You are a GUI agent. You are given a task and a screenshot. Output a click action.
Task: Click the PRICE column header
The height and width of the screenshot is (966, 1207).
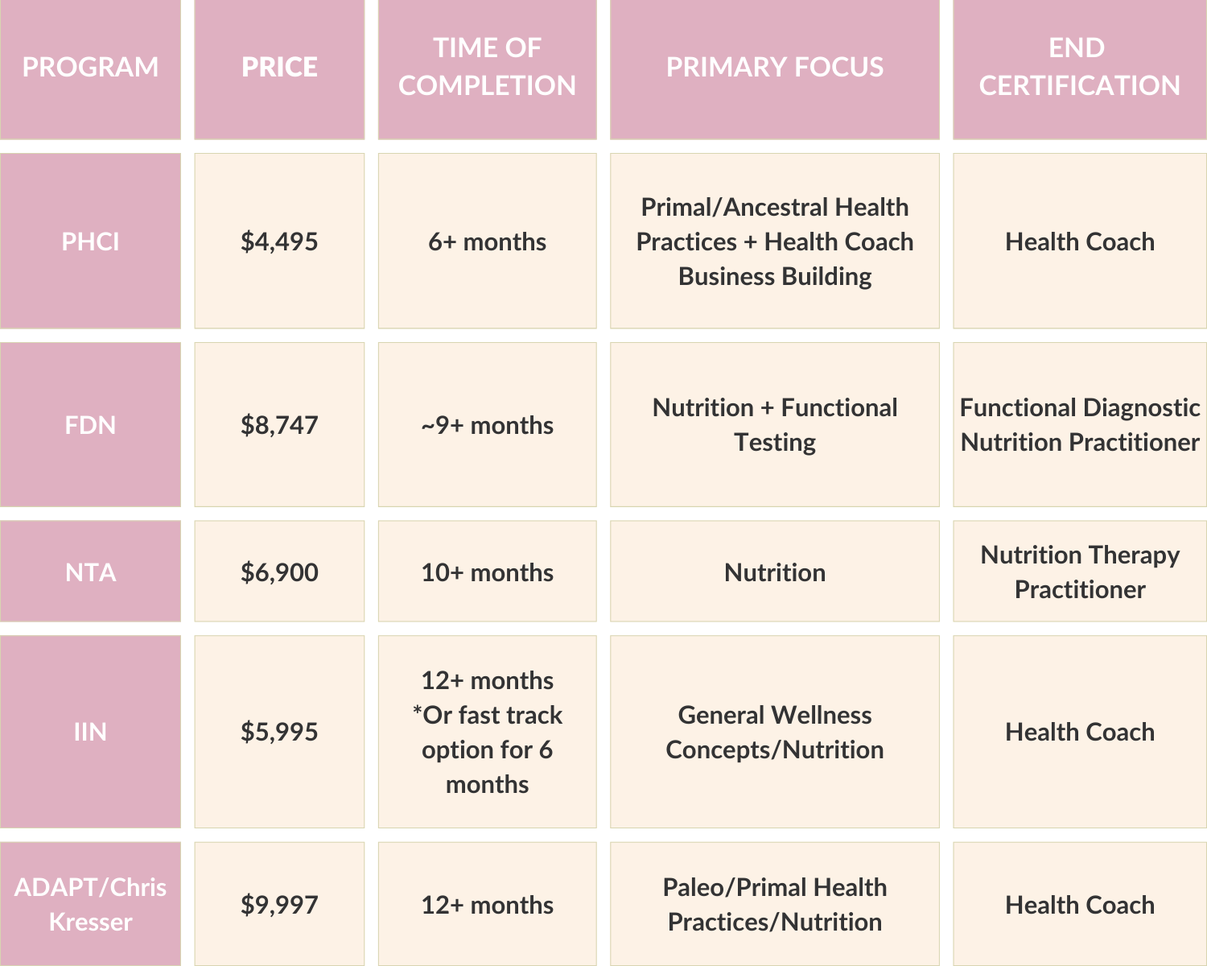(279, 67)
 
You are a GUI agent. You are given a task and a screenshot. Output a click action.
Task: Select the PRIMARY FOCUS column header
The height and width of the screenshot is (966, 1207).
(774, 67)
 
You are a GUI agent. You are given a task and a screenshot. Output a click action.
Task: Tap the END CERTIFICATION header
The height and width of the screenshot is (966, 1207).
(1079, 67)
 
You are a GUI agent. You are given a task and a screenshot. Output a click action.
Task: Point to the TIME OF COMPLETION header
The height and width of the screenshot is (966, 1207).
(487, 67)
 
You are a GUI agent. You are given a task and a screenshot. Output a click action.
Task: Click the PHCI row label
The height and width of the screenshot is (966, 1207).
(90, 242)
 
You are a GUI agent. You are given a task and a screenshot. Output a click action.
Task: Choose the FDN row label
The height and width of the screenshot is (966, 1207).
(90, 425)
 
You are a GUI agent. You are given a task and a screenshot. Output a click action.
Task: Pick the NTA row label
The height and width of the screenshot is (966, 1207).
(90, 572)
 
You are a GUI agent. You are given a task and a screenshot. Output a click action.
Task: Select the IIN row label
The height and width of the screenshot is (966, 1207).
(90, 732)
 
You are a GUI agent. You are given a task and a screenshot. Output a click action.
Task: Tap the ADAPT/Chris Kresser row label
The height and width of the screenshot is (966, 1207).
(90, 904)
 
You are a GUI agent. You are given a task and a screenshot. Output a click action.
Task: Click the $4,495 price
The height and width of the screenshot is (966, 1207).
(279, 242)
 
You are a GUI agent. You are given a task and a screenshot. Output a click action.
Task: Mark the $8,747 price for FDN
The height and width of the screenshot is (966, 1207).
(279, 425)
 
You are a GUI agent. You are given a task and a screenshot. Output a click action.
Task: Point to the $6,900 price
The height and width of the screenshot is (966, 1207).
(279, 572)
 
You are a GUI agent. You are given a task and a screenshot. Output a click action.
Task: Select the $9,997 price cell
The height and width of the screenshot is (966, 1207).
(279, 905)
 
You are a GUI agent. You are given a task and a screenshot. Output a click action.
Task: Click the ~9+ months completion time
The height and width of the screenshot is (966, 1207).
(487, 425)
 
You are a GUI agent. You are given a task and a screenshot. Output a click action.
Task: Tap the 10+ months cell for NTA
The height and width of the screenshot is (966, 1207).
(487, 572)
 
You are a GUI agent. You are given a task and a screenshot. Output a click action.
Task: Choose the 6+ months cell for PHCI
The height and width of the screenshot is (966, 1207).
(487, 242)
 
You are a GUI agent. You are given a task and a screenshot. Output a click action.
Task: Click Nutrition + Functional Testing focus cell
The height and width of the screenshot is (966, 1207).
(774, 425)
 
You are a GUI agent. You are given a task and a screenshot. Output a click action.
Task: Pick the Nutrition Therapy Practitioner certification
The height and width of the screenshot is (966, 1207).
(1079, 572)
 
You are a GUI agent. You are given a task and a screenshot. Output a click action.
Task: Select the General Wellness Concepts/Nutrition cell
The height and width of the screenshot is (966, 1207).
(774, 732)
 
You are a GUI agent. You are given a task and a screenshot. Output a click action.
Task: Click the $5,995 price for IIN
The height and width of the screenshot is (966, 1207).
(279, 732)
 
